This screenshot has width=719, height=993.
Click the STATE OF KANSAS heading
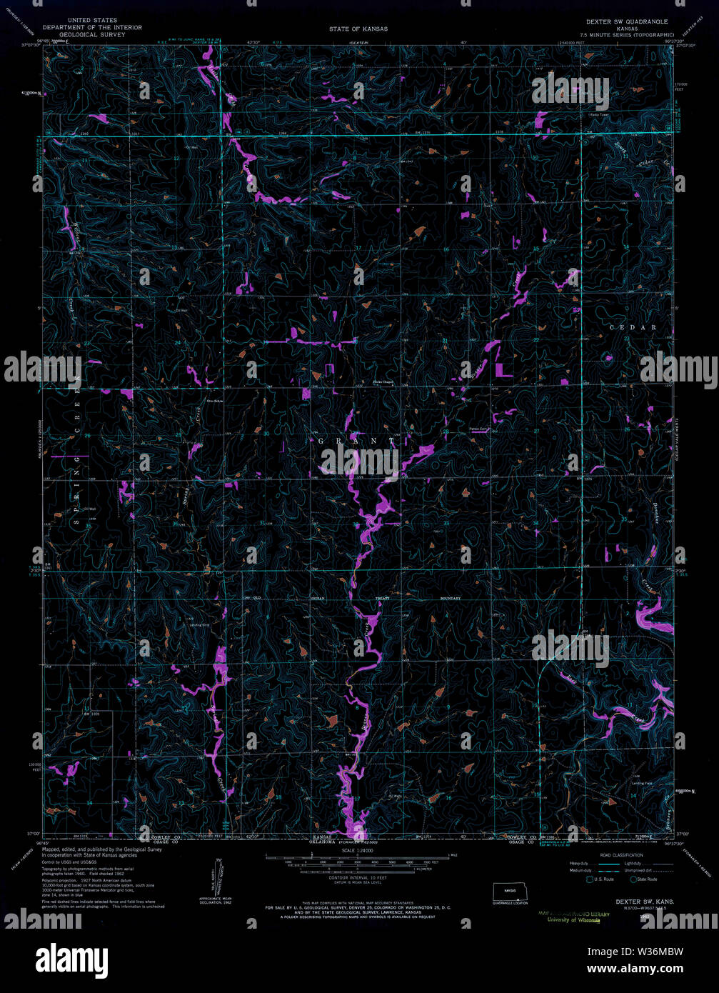point(358,29)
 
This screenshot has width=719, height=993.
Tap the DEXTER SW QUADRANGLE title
point(626,22)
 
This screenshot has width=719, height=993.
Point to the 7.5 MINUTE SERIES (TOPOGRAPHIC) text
point(626,34)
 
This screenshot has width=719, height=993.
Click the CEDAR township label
point(633,327)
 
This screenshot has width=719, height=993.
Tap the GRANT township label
point(356,441)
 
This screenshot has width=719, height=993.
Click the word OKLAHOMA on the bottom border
point(323,842)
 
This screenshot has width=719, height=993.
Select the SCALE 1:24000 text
point(358,849)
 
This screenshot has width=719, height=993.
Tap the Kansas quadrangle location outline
point(508,892)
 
